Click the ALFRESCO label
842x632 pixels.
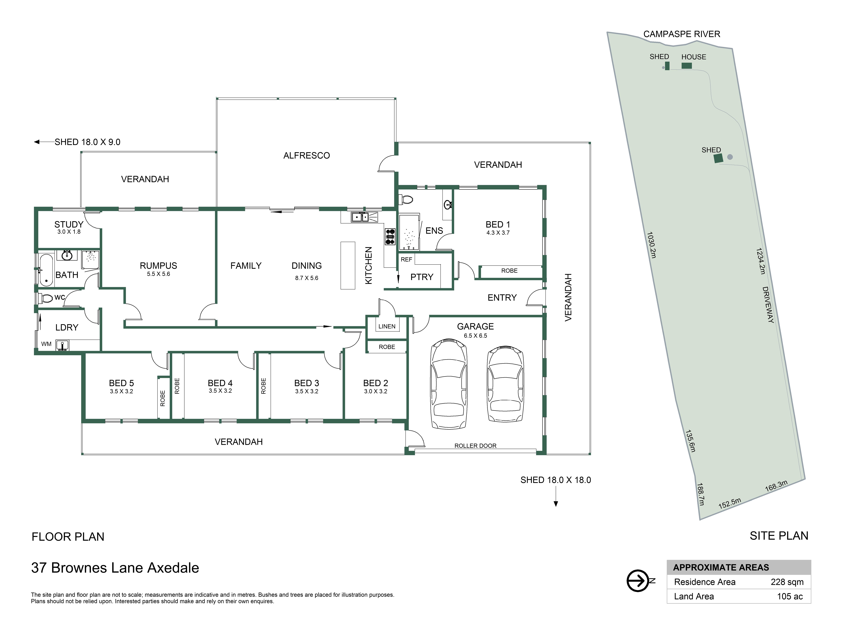point(306,155)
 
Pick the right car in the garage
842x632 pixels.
point(505,384)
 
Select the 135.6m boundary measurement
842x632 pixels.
point(690,441)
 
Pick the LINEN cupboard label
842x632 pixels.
point(387,327)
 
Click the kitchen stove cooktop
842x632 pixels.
point(390,236)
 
